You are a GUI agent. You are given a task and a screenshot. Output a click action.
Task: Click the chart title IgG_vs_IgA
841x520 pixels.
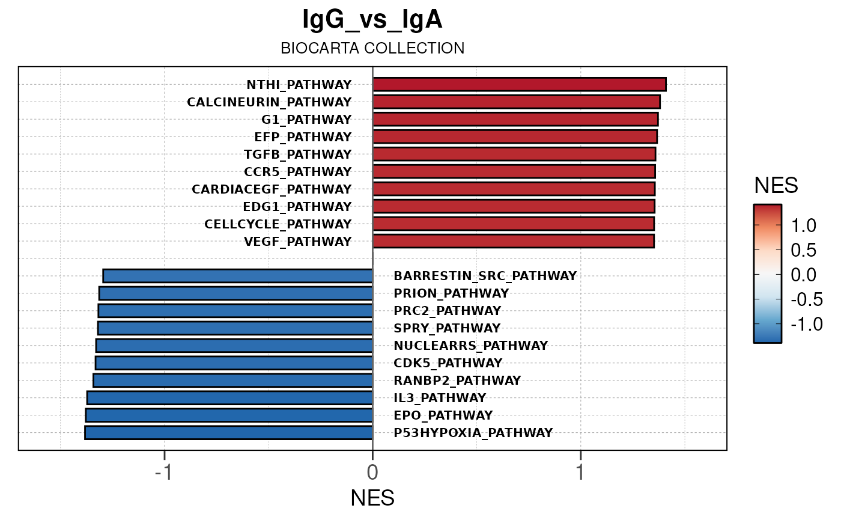click(x=372, y=20)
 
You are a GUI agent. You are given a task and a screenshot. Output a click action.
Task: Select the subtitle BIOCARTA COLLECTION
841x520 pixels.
click(x=372, y=48)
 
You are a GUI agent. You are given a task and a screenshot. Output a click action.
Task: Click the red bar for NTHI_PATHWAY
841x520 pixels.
click(x=519, y=84)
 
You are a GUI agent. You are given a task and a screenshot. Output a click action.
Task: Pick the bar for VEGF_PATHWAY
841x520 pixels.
click(x=513, y=241)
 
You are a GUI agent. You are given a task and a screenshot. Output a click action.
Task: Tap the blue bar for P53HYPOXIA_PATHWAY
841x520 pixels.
click(x=229, y=432)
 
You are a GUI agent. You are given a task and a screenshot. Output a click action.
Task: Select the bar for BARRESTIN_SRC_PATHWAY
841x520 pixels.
click(x=238, y=276)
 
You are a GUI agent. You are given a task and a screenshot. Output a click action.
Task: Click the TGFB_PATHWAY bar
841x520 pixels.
click(x=514, y=154)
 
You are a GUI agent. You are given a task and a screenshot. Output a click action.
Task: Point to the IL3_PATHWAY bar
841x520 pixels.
click(x=230, y=397)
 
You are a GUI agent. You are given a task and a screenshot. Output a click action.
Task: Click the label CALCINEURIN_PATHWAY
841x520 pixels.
click(x=269, y=102)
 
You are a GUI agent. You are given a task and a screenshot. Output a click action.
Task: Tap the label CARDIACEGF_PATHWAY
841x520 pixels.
click(x=272, y=189)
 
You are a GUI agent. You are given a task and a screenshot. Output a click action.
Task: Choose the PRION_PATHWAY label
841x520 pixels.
click(x=451, y=293)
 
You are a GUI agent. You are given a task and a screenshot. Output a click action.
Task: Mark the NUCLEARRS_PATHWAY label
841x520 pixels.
click(x=471, y=346)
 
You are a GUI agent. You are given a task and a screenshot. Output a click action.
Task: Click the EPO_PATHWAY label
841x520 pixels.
click(x=443, y=415)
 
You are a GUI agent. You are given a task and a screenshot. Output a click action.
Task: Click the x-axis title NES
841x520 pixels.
click(x=372, y=498)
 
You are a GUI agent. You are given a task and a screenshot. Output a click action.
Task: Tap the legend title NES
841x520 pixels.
click(x=776, y=186)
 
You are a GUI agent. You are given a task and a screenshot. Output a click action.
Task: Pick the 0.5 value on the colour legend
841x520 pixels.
click(x=803, y=250)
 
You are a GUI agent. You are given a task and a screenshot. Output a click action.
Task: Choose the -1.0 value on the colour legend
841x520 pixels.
click(x=803, y=324)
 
